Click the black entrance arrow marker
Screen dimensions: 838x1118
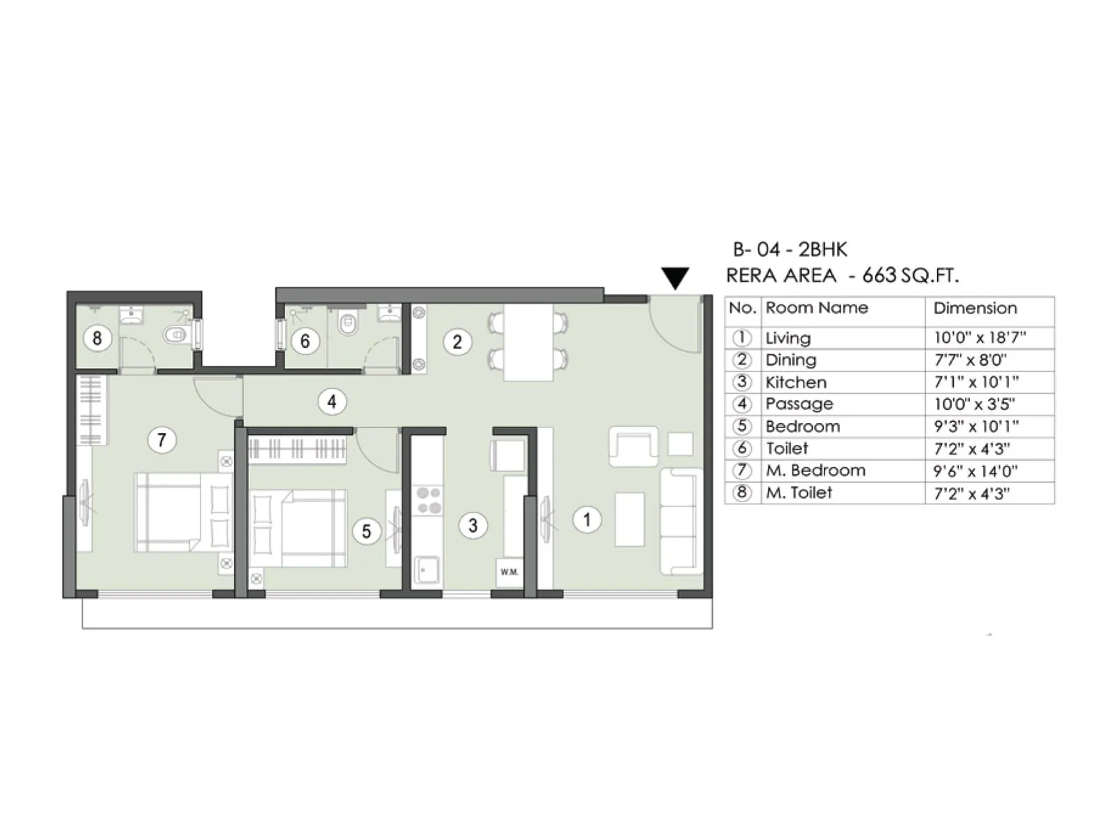point(675,277)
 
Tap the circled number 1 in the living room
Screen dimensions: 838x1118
point(586,520)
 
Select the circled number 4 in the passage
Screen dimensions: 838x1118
point(331,402)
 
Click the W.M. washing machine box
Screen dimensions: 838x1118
point(509,572)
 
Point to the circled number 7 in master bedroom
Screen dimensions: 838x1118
point(161,440)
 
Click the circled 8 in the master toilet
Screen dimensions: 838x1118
point(97,339)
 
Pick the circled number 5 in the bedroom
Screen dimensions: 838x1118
point(365,531)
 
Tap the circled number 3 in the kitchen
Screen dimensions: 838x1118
point(473,525)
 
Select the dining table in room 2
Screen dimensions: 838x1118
point(528,342)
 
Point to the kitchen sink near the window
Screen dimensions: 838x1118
point(426,569)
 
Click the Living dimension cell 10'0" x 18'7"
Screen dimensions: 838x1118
point(980,338)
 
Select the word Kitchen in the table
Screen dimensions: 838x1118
point(796,382)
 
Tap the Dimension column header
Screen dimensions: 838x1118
point(975,308)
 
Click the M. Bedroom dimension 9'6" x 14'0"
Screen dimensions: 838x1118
point(975,471)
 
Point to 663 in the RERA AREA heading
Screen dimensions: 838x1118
point(879,275)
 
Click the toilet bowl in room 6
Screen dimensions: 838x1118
point(347,324)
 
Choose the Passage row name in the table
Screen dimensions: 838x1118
point(799,404)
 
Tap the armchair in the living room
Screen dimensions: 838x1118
point(633,446)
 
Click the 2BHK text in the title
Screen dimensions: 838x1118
point(822,249)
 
